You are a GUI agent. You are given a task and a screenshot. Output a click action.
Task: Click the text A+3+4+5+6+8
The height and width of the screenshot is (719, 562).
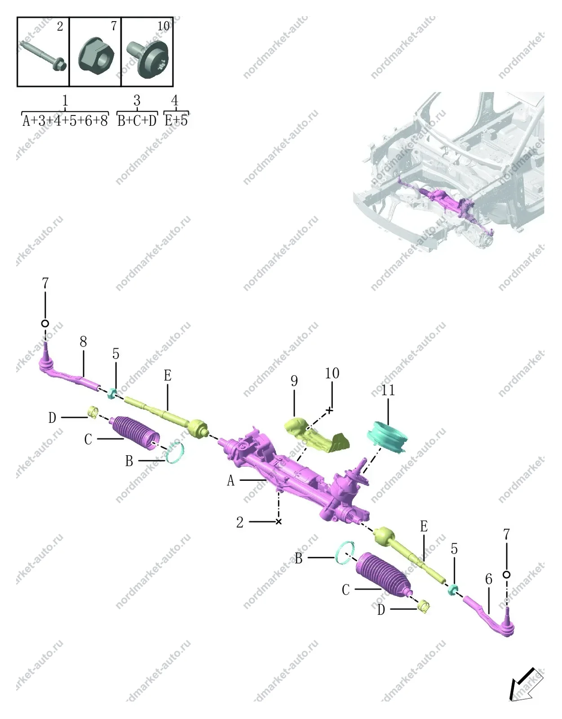click(65, 121)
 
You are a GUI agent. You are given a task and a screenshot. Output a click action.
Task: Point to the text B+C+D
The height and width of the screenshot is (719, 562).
click(137, 121)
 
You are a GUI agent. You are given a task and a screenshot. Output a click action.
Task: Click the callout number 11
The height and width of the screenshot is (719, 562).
click(388, 391)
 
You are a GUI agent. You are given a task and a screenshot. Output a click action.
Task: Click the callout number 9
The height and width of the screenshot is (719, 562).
click(294, 381)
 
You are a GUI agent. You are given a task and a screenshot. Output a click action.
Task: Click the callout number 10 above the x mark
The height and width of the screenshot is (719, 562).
click(332, 373)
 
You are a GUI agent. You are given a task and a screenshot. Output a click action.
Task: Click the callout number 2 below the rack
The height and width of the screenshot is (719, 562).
click(240, 523)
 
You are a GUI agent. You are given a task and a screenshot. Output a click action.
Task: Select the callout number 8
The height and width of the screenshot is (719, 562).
click(83, 342)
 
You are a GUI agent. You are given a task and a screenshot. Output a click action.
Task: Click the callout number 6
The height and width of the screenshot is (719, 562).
click(489, 579)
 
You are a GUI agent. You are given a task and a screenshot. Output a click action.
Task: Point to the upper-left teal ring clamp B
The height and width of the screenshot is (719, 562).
click(175, 453)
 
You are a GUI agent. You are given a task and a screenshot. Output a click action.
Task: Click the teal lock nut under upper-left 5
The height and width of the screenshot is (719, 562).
click(112, 393)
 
